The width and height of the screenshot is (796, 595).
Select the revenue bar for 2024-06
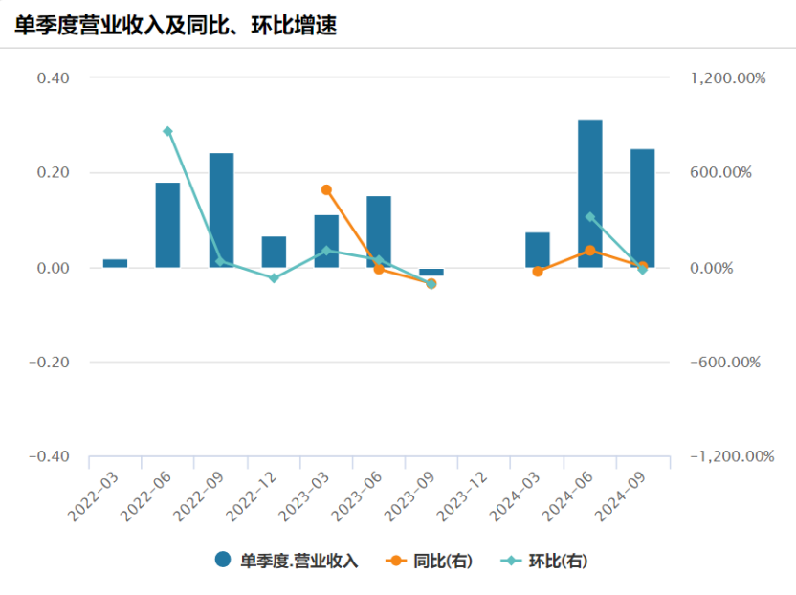pyautogui.click(x=589, y=193)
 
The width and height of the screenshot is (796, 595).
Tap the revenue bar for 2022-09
pyautogui.click(x=221, y=210)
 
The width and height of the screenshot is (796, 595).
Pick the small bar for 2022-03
pyautogui.click(x=115, y=263)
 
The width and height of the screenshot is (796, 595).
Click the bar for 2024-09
pyautogui.click(x=642, y=209)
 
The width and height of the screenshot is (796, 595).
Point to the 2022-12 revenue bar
pyautogui.click(x=274, y=252)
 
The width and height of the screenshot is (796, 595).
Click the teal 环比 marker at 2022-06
pyautogui.click(x=168, y=132)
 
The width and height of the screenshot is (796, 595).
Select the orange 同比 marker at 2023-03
pyautogui.click(x=326, y=190)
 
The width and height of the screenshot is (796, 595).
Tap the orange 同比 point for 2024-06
pyautogui.click(x=589, y=251)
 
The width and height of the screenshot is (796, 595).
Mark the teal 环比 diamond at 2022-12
pyautogui.click(x=274, y=278)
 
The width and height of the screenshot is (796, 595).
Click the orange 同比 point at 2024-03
pyautogui.click(x=538, y=272)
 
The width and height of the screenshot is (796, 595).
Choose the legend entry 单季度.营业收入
pyautogui.click(x=286, y=562)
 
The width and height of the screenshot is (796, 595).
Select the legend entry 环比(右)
pyautogui.click(x=545, y=562)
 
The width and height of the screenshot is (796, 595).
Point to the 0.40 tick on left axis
pyautogui.click(x=53, y=77)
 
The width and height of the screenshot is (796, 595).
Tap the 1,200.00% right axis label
pyautogui.click(x=727, y=78)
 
